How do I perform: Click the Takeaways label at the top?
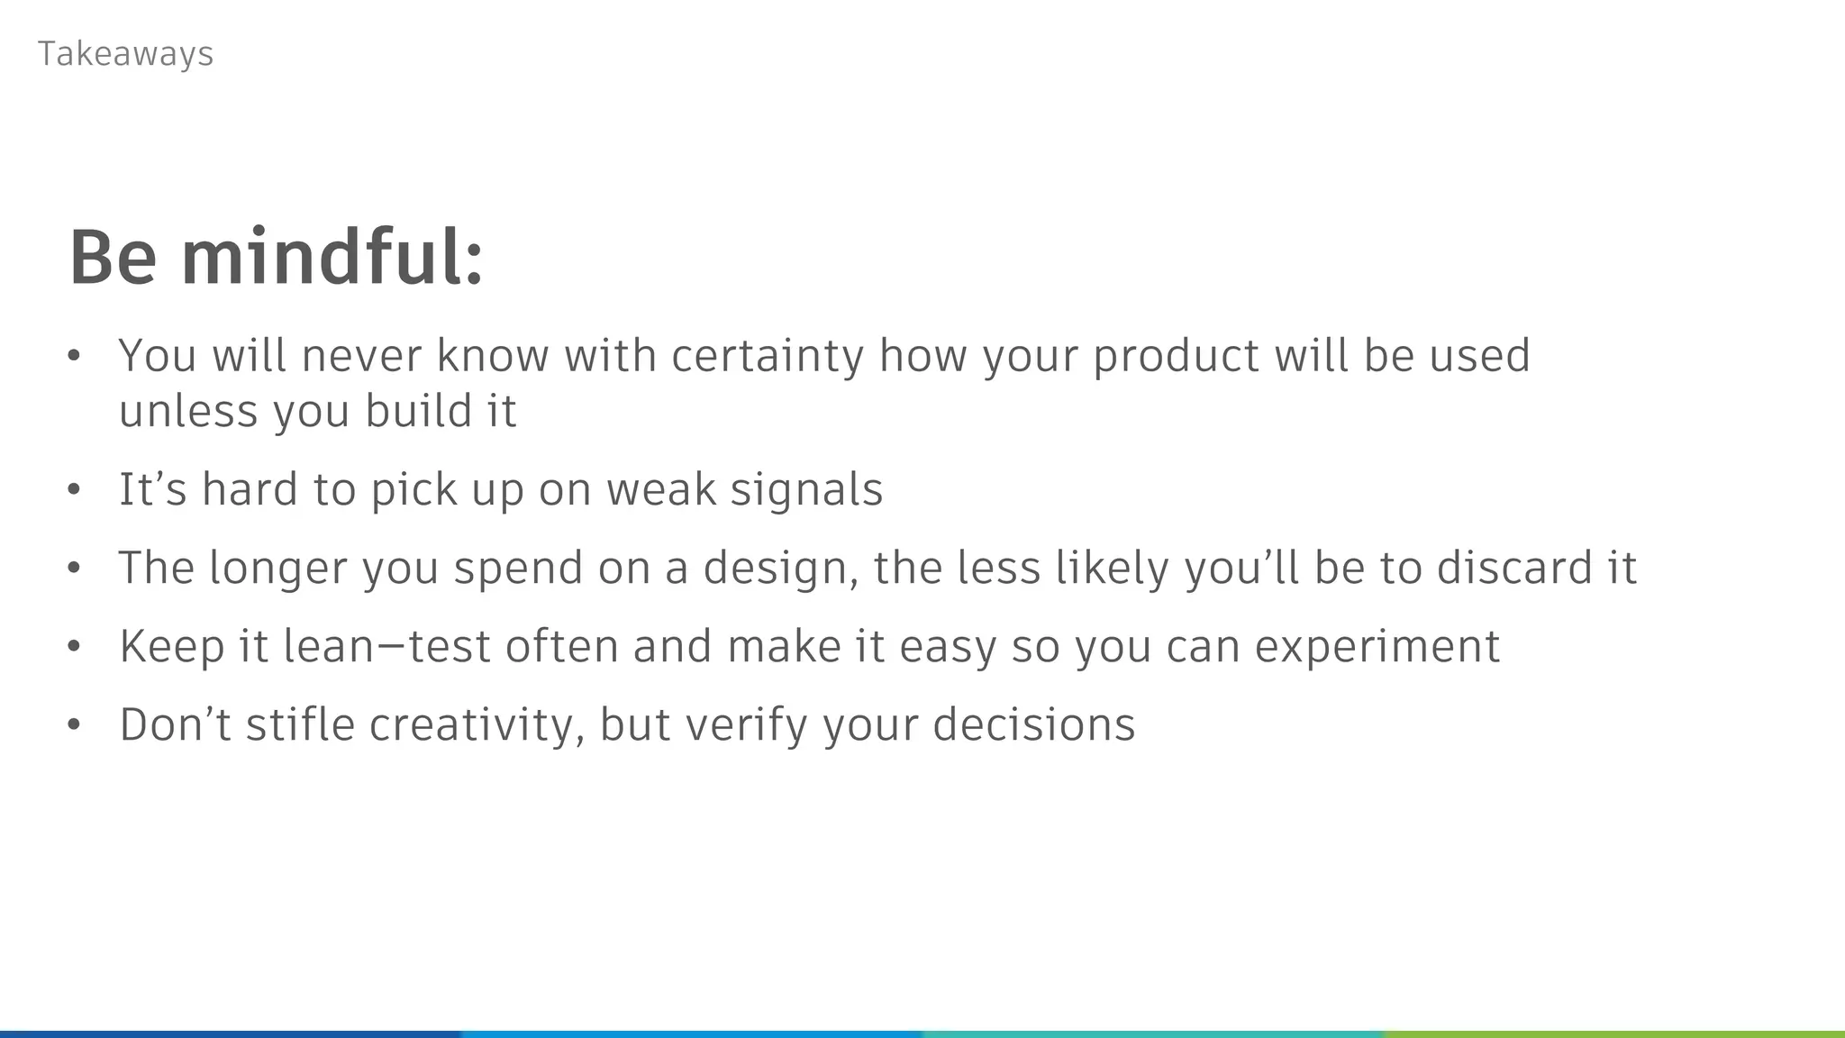coord(125,54)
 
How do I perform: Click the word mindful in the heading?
coord(332,259)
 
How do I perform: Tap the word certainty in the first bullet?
coord(768,356)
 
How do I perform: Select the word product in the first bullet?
coord(1176,356)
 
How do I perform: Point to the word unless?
coord(188,412)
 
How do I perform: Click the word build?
coord(419,412)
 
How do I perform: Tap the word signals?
coord(806,489)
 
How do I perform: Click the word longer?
coord(277,569)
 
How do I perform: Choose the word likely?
coord(1112,569)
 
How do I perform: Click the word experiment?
coord(1377,647)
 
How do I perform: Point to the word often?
coord(560,646)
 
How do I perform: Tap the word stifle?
coord(300,724)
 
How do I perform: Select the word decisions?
coord(1034,724)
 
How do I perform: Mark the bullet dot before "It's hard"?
coord(74,490)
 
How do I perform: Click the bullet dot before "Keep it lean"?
coord(74,647)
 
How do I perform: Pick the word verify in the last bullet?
coord(745,725)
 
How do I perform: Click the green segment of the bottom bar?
coord(1613,1033)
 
